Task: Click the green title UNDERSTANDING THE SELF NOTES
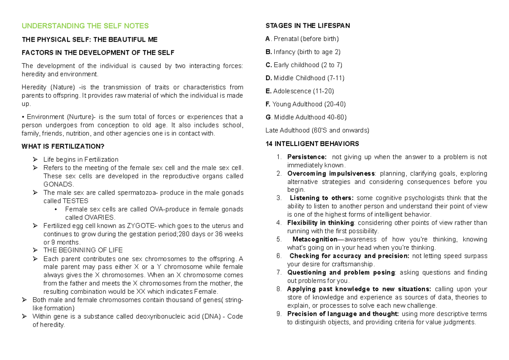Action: pyautogui.click(x=85, y=26)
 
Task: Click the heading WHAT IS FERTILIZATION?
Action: pyautogui.click(x=62, y=146)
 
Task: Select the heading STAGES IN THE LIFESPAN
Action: pyautogui.click(x=308, y=26)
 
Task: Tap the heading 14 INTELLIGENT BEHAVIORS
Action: pyautogui.click(x=312, y=143)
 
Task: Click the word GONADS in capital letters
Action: pyautogui.click(x=59, y=184)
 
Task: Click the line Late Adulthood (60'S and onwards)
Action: pyautogui.click(x=317, y=130)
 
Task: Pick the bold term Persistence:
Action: pyautogui.click(x=307, y=157)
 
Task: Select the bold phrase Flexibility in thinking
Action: pyautogui.click(x=320, y=223)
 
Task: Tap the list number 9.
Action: pyautogui.click(x=278, y=314)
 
